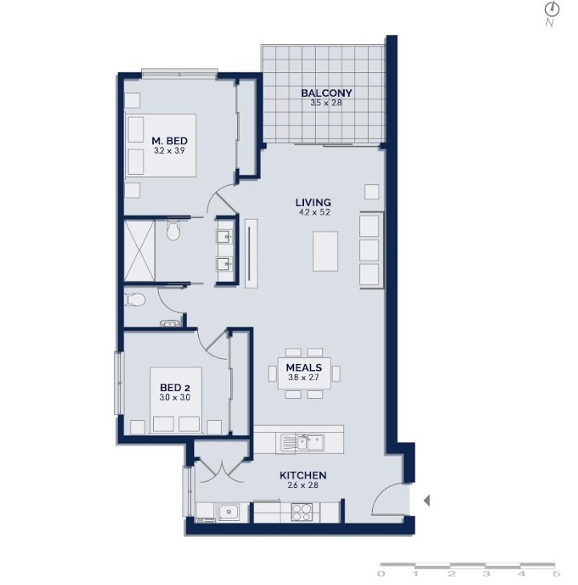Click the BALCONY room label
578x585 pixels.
pyautogui.click(x=326, y=93)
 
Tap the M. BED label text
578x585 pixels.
pyautogui.click(x=169, y=141)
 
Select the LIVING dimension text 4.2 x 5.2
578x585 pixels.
pyautogui.click(x=313, y=212)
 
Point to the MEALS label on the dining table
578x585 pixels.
pyautogui.click(x=304, y=368)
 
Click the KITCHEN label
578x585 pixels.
pyautogui.click(x=303, y=475)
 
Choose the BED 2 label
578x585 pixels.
pyautogui.click(x=175, y=388)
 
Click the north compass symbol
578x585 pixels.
pyautogui.click(x=554, y=10)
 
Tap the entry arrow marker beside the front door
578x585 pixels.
pyautogui.click(x=426, y=500)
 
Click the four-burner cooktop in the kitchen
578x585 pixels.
pyautogui.click(x=301, y=512)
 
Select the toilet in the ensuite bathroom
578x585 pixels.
pyautogui.click(x=173, y=230)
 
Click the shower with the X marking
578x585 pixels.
pyautogui.click(x=139, y=250)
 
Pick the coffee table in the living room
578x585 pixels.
pyautogui.click(x=325, y=251)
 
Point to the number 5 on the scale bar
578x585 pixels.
pyautogui.click(x=556, y=574)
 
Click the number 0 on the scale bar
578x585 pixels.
pyautogui.click(x=381, y=574)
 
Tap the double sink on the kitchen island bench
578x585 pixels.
pyautogui.click(x=302, y=443)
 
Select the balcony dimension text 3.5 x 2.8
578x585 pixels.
pyautogui.click(x=326, y=103)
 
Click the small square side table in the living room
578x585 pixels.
pyautogui.click(x=372, y=192)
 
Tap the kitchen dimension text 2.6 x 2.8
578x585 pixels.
pyautogui.click(x=303, y=486)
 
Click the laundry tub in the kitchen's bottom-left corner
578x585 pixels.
pyautogui.click(x=228, y=512)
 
